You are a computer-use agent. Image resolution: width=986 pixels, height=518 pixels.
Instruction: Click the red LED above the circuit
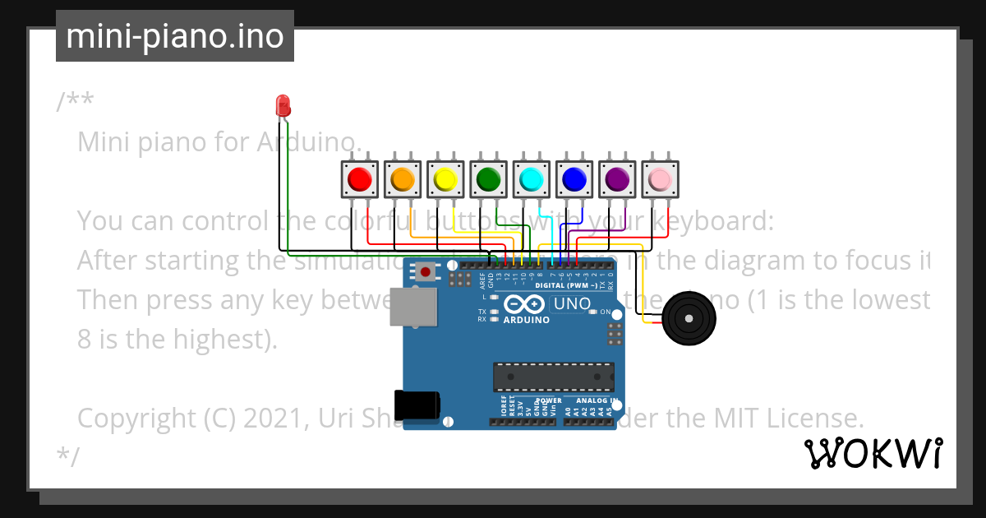click(283, 105)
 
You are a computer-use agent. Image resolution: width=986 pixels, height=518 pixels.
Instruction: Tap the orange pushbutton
click(403, 179)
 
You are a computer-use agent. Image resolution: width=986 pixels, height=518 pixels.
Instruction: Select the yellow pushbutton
click(445, 179)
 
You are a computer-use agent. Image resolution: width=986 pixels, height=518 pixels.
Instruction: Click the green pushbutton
click(488, 179)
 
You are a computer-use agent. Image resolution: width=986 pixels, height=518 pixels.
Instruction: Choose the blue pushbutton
click(574, 179)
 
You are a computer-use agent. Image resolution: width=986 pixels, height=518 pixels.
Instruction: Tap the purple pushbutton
click(616, 179)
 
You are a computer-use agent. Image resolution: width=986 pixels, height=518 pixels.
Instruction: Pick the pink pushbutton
click(660, 179)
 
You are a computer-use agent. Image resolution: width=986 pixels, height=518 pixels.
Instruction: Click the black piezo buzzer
click(688, 318)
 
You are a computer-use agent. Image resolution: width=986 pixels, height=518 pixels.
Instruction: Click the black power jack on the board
click(417, 405)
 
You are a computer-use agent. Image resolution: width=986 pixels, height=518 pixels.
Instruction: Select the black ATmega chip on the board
click(553, 377)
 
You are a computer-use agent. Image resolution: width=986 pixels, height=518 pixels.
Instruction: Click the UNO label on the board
click(573, 303)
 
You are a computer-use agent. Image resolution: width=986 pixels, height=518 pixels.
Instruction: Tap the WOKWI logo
click(873, 453)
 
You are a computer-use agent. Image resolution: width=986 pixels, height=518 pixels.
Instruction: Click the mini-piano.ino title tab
click(175, 36)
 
